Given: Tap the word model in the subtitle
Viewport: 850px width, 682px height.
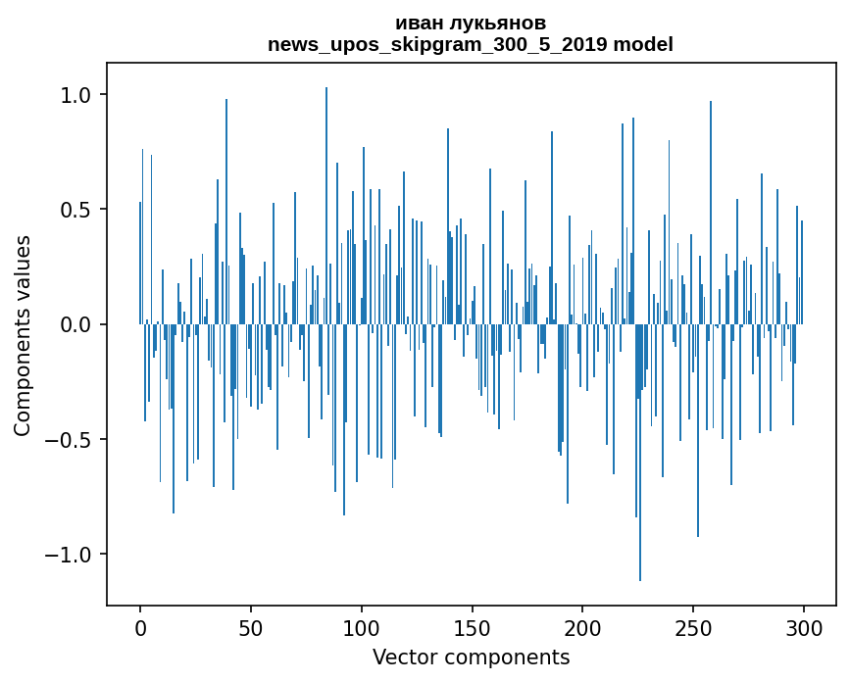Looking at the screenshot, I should point(643,44).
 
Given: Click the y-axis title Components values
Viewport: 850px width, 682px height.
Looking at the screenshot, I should point(23,335).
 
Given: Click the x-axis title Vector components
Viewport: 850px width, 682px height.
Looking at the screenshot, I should point(471,657).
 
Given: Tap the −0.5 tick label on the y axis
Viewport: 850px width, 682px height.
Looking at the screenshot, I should point(72,439).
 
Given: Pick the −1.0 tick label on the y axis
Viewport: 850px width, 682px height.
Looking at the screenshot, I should point(72,555).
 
